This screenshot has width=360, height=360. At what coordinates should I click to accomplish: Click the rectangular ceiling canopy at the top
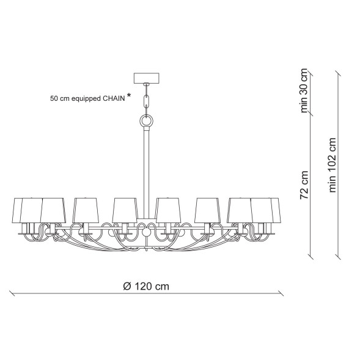(x=146, y=78)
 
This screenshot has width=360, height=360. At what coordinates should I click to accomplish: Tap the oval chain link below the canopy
(x=146, y=101)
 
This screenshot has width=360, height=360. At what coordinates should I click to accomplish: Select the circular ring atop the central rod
(x=146, y=121)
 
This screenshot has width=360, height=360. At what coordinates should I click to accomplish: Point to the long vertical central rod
(x=146, y=174)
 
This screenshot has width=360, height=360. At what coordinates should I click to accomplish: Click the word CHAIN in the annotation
(x=114, y=99)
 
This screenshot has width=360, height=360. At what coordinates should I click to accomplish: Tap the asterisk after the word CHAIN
(x=129, y=95)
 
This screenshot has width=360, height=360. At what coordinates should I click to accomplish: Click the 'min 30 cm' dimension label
(x=304, y=90)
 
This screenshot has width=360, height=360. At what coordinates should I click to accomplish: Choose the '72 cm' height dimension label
(x=304, y=185)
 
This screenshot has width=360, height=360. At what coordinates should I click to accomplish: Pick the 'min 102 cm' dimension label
(x=332, y=165)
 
